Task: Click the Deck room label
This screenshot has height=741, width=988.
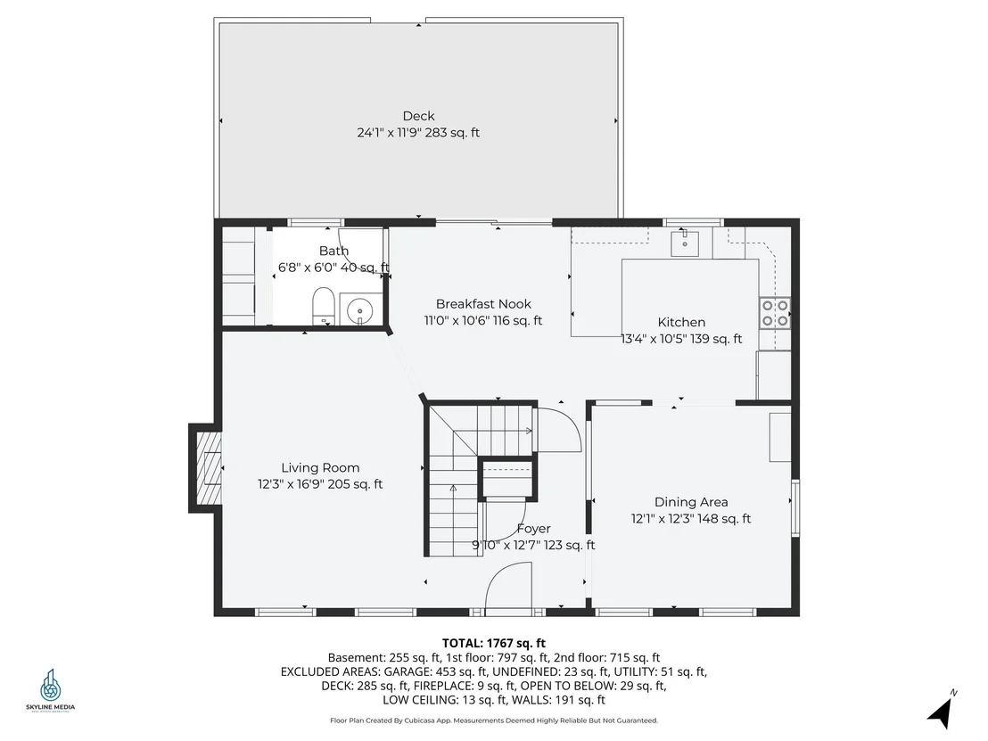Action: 418,116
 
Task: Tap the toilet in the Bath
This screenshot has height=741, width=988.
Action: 324,306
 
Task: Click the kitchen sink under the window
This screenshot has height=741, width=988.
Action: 684,243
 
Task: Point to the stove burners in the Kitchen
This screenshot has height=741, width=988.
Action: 775,313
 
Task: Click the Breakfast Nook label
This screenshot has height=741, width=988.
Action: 483,304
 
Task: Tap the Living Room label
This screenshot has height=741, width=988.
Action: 320,467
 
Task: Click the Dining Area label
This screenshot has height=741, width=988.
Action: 691,502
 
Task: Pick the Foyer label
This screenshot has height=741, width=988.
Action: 534,529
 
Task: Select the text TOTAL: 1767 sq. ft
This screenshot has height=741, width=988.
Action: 494,643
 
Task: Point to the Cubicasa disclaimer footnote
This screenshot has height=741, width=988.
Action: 494,720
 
